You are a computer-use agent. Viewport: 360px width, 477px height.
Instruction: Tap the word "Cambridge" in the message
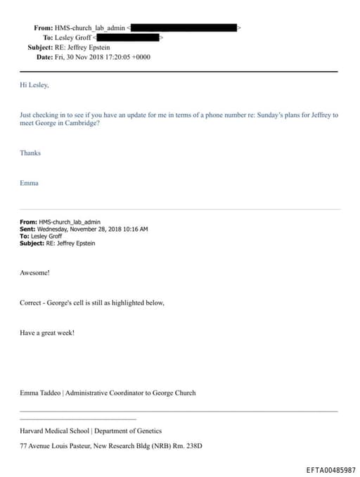click(x=79, y=123)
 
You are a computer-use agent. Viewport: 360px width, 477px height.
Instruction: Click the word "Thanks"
click(x=30, y=153)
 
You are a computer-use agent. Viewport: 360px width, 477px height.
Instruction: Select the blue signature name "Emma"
click(x=29, y=183)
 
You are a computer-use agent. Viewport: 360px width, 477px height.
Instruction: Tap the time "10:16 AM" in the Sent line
click(x=134, y=229)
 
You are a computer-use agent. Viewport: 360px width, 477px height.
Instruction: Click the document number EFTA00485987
click(x=330, y=469)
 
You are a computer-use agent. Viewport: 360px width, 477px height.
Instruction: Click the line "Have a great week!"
click(x=47, y=333)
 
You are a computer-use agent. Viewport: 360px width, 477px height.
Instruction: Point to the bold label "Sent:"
click(x=28, y=229)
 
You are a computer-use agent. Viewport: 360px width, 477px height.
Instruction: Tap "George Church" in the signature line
click(x=175, y=393)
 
